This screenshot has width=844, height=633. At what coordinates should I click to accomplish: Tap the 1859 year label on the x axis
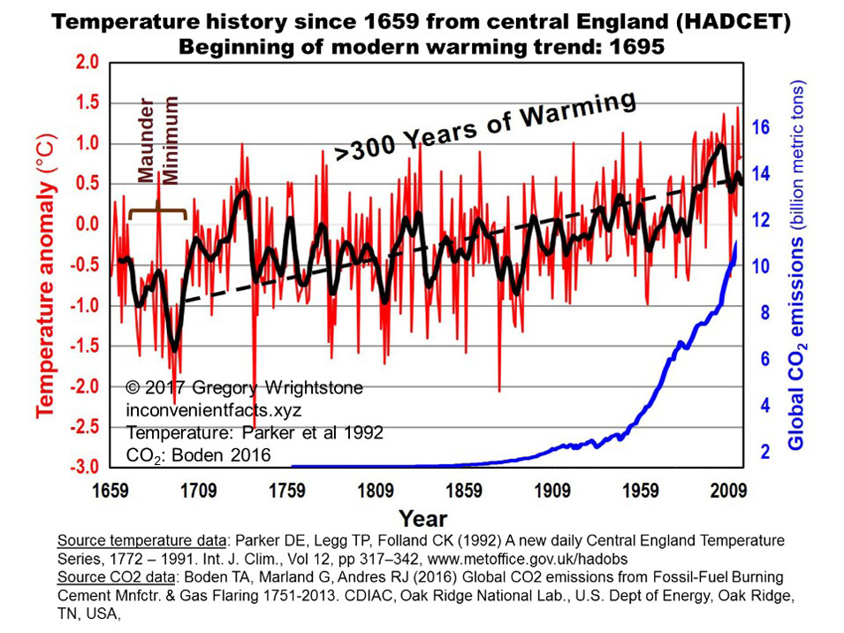point(466,489)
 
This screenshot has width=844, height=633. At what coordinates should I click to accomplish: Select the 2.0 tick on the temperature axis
point(87,63)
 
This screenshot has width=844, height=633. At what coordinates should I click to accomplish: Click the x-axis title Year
point(422,517)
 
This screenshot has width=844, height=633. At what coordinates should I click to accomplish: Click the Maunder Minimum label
point(160,141)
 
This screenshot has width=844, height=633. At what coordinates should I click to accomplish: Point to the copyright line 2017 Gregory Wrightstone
point(244,389)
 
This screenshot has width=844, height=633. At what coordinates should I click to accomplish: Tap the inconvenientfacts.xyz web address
point(215,411)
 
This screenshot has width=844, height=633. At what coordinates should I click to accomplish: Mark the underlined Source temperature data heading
point(132,539)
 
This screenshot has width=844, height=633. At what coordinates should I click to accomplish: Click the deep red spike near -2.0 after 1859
point(499,389)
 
